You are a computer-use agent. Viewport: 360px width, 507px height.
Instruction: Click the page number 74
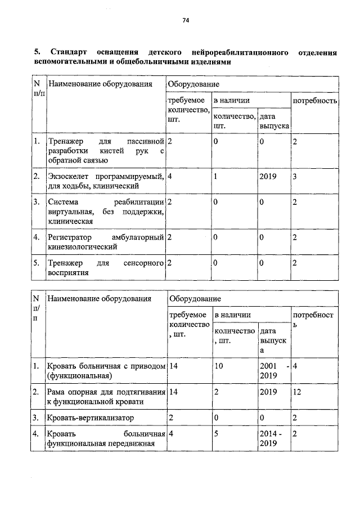tap(185, 21)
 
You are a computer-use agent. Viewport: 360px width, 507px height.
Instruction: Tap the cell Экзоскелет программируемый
tap(106, 181)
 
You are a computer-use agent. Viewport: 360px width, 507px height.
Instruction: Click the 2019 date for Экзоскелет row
tap(268, 177)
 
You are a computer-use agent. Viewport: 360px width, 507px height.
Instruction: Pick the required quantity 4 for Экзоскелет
tap(169, 177)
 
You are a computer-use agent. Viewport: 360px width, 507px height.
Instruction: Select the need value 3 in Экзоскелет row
tap(295, 177)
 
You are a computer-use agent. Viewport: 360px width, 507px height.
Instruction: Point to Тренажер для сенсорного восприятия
tap(106, 268)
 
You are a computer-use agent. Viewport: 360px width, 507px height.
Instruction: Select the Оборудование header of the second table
tap(195, 298)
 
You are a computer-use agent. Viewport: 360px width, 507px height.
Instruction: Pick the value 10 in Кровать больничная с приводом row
tap(219, 366)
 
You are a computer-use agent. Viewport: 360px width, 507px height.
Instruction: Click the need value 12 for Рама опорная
tap(298, 392)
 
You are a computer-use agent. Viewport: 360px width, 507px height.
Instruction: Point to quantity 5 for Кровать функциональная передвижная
tap(217, 434)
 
